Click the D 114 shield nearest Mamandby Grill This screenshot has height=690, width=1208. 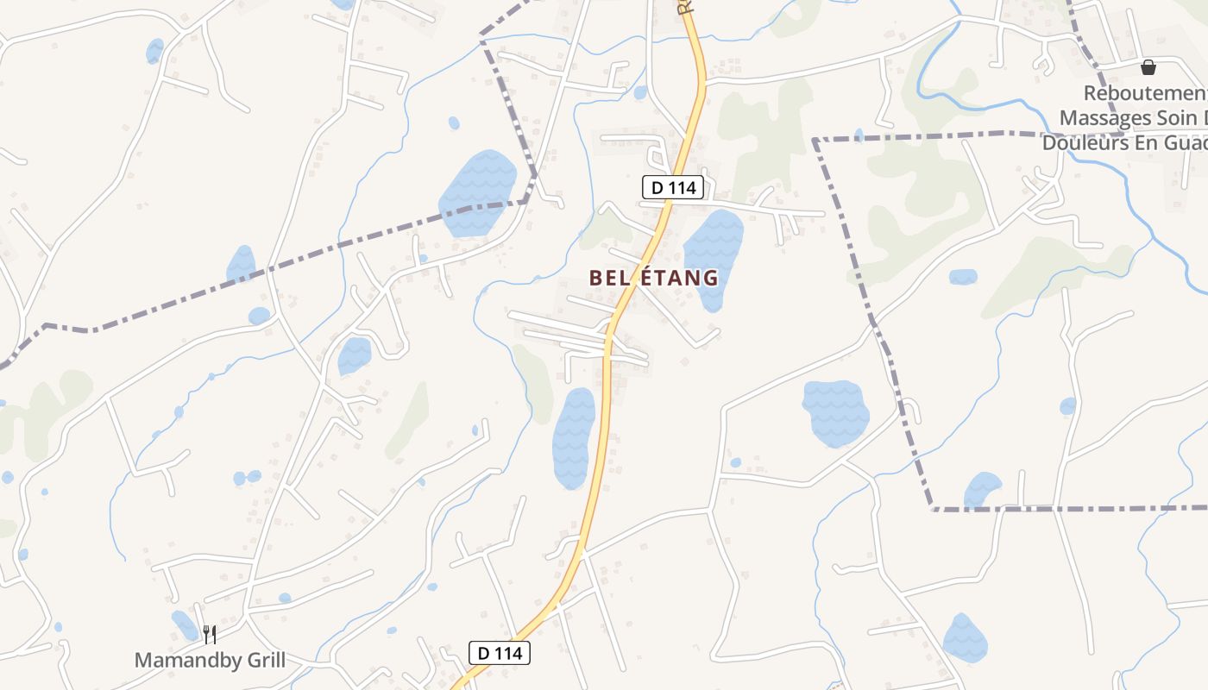[x=500, y=653]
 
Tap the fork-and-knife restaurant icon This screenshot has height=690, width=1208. [x=209, y=636]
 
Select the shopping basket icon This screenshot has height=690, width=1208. [x=1148, y=67]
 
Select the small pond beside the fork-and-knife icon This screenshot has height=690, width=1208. [x=184, y=624]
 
